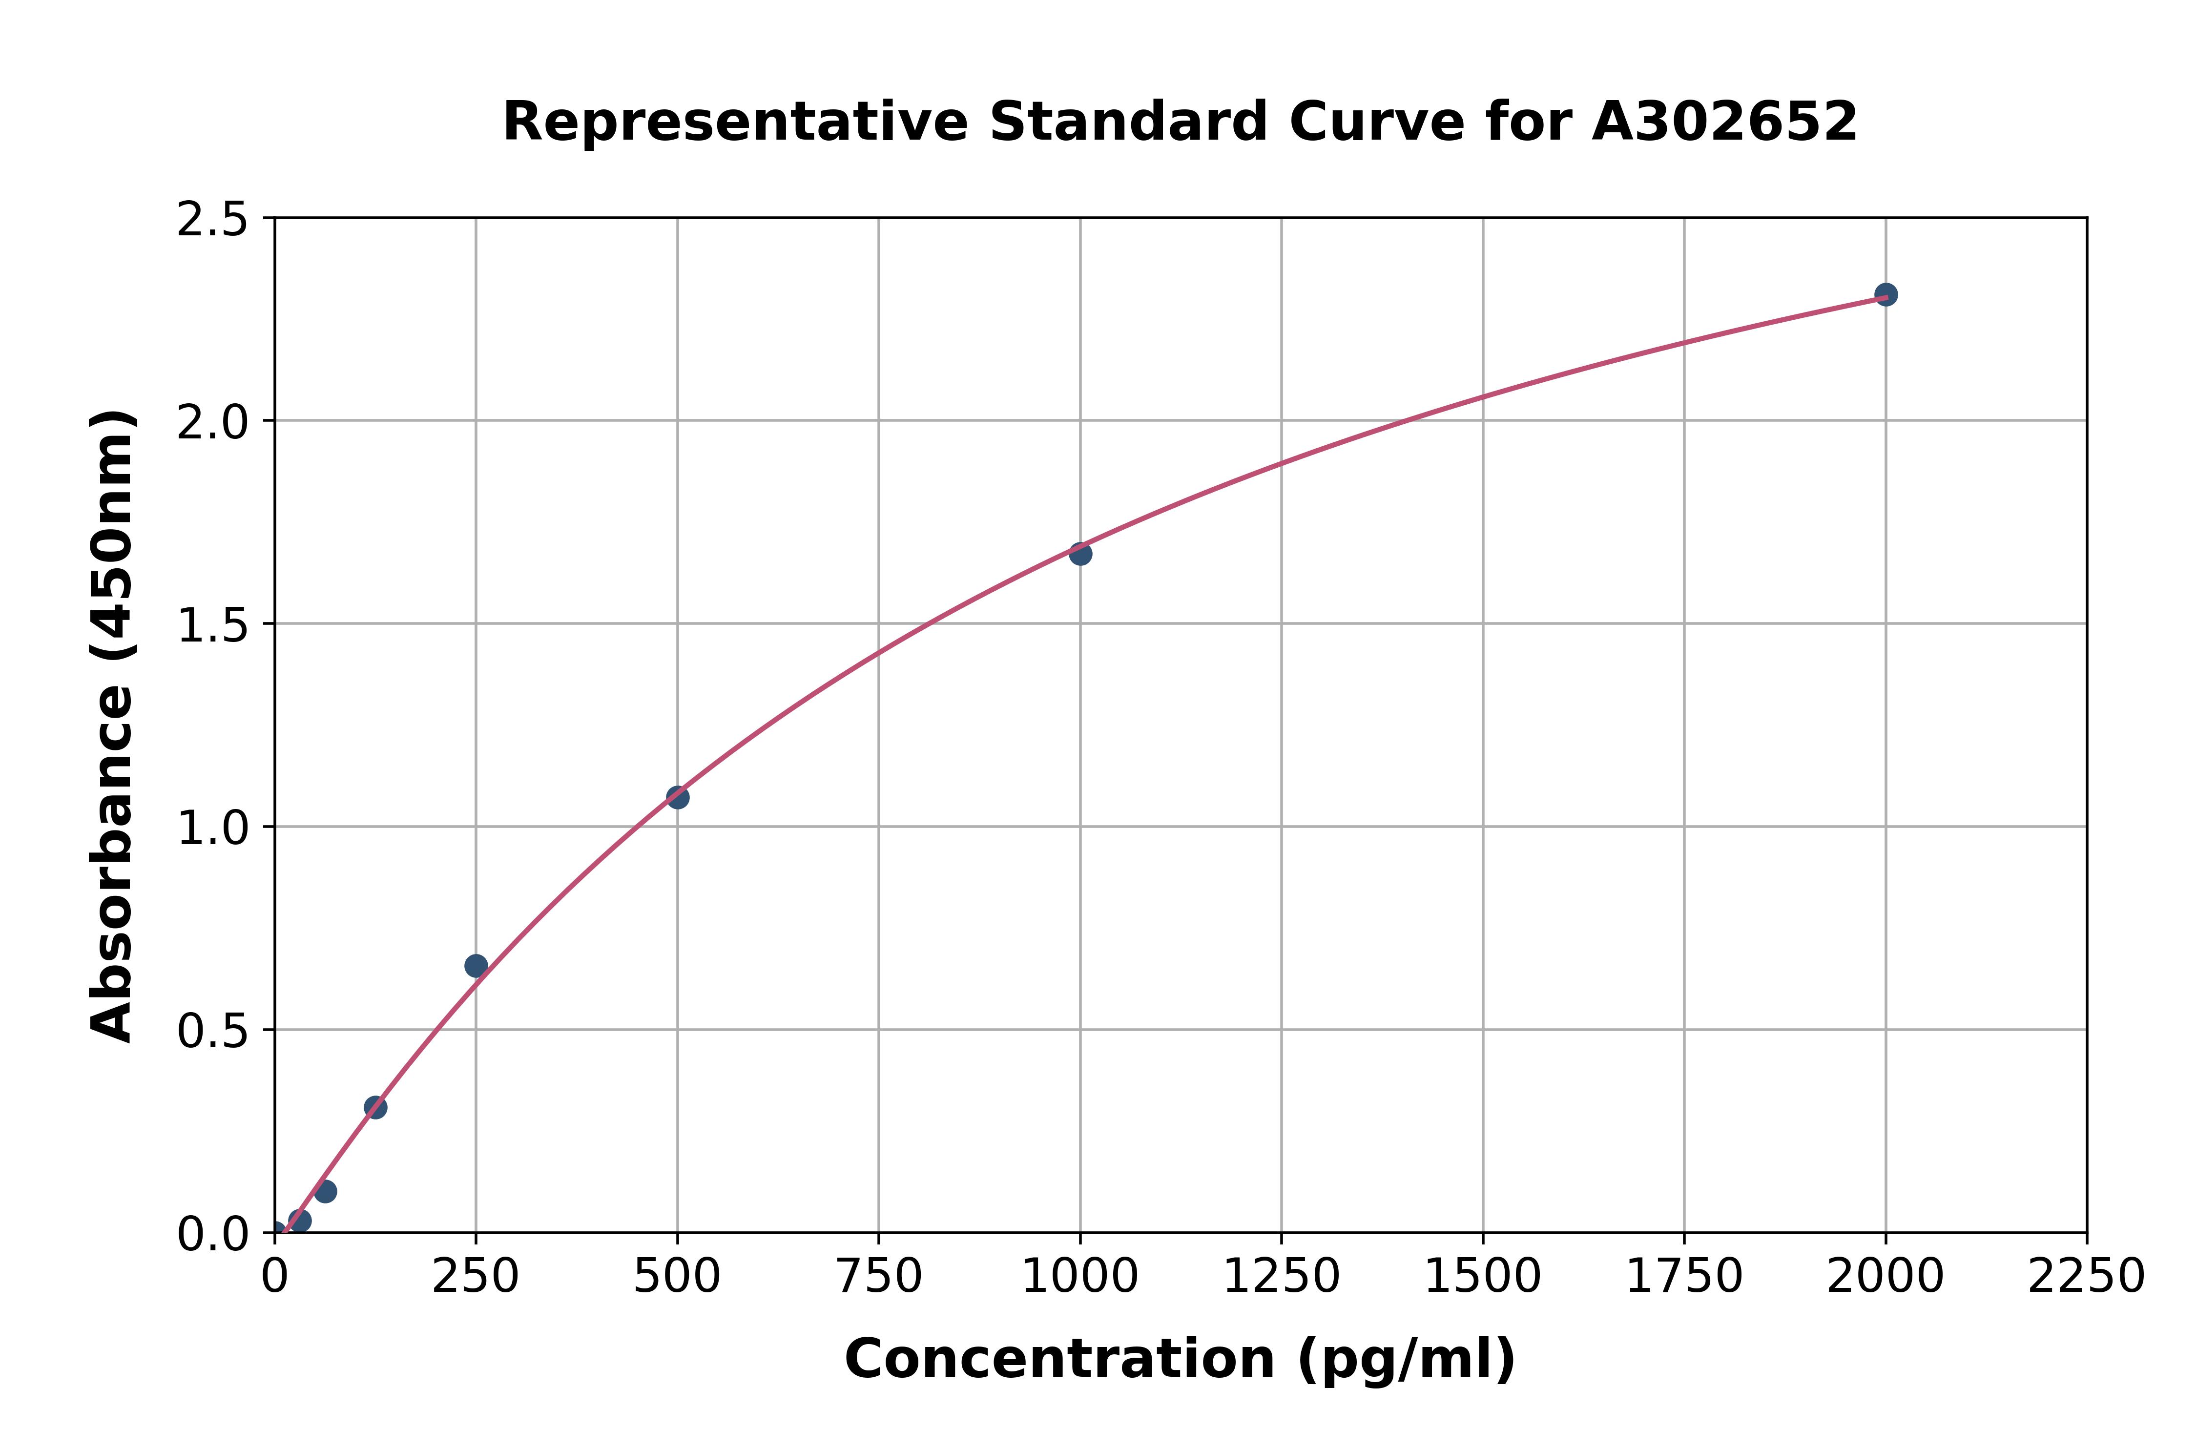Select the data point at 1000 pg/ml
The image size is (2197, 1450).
click(1080, 554)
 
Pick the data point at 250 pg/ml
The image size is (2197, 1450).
click(476, 966)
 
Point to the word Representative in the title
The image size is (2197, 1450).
click(735, 122)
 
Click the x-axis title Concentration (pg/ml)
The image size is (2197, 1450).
click(1180, 1359)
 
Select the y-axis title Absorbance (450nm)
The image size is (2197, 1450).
click(113, 726)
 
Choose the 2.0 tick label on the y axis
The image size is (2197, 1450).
click(213, 423)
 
